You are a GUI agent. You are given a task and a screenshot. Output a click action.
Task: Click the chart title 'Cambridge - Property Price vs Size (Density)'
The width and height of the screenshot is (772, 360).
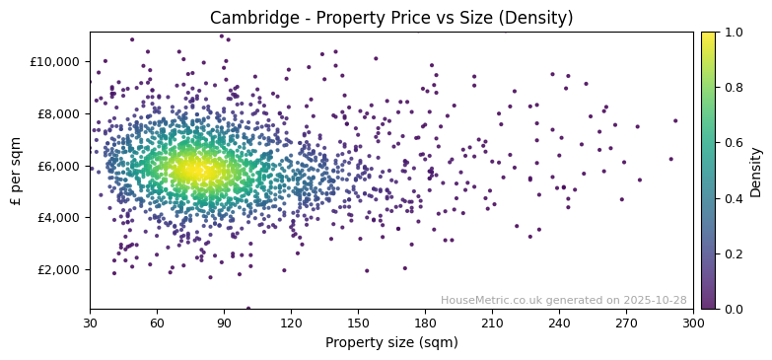(x=391, y=18)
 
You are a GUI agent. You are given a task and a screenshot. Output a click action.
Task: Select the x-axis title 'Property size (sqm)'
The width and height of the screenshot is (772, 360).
(x=391, y=342)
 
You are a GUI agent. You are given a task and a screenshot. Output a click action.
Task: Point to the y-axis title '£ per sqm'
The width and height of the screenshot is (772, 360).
(x=16, y=171)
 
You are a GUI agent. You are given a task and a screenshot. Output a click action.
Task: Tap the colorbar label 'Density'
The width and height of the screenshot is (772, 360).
(x=756, y=171)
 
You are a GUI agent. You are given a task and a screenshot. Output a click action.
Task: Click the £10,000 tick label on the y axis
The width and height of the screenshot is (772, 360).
(x=55, y=61)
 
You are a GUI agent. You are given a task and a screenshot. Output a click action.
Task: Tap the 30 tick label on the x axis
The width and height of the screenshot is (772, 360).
(x=90, y=323)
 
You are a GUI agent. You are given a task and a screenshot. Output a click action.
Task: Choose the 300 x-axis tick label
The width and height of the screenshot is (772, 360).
(x=693, y=323)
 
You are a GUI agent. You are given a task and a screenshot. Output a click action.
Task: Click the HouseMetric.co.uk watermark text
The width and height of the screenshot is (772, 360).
(x=563, y=300)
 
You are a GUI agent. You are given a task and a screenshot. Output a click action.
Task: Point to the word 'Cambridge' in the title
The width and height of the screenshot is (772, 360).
(x=246, y=18)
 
